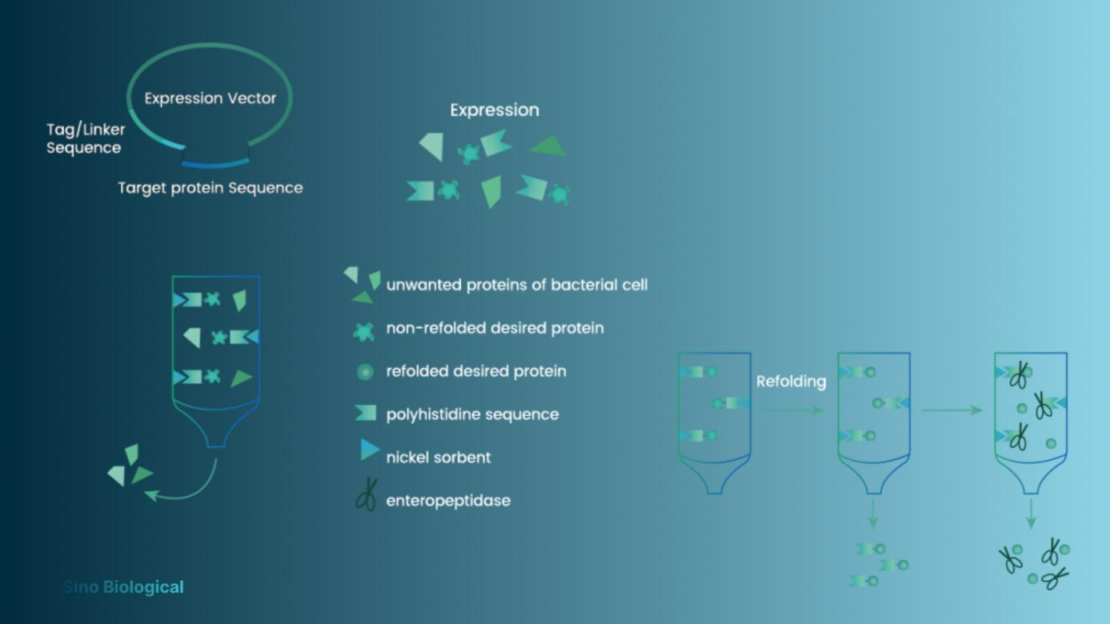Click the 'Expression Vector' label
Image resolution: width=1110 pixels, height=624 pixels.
click(210, 98)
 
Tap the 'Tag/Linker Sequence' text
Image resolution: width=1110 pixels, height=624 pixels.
click(85, 138)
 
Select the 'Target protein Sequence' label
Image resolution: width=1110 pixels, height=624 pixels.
click(210, 188)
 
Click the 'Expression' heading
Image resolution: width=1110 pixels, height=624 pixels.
click(494, 110)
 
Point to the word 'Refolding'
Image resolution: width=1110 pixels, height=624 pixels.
click(791, 381)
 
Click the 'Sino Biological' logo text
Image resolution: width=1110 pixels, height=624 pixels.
click(124, 587)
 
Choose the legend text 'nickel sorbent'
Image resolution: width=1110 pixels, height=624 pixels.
click(438, 458)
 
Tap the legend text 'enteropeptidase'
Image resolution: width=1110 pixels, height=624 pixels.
click(448, 501)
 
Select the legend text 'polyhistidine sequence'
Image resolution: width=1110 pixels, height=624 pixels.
click(472, 414)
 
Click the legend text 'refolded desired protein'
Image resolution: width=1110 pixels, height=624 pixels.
click(476, 371)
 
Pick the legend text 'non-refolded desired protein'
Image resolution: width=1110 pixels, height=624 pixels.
click(495, 328)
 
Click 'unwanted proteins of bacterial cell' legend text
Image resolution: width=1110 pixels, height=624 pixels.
click(516, 285)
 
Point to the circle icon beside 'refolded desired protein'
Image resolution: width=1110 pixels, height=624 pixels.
click(365, 372)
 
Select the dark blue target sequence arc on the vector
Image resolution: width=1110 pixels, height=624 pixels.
click(214, 164)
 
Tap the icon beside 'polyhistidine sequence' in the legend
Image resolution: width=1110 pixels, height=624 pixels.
click(365, 414)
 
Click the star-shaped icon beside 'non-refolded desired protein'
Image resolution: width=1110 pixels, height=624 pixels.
click(364, 330)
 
